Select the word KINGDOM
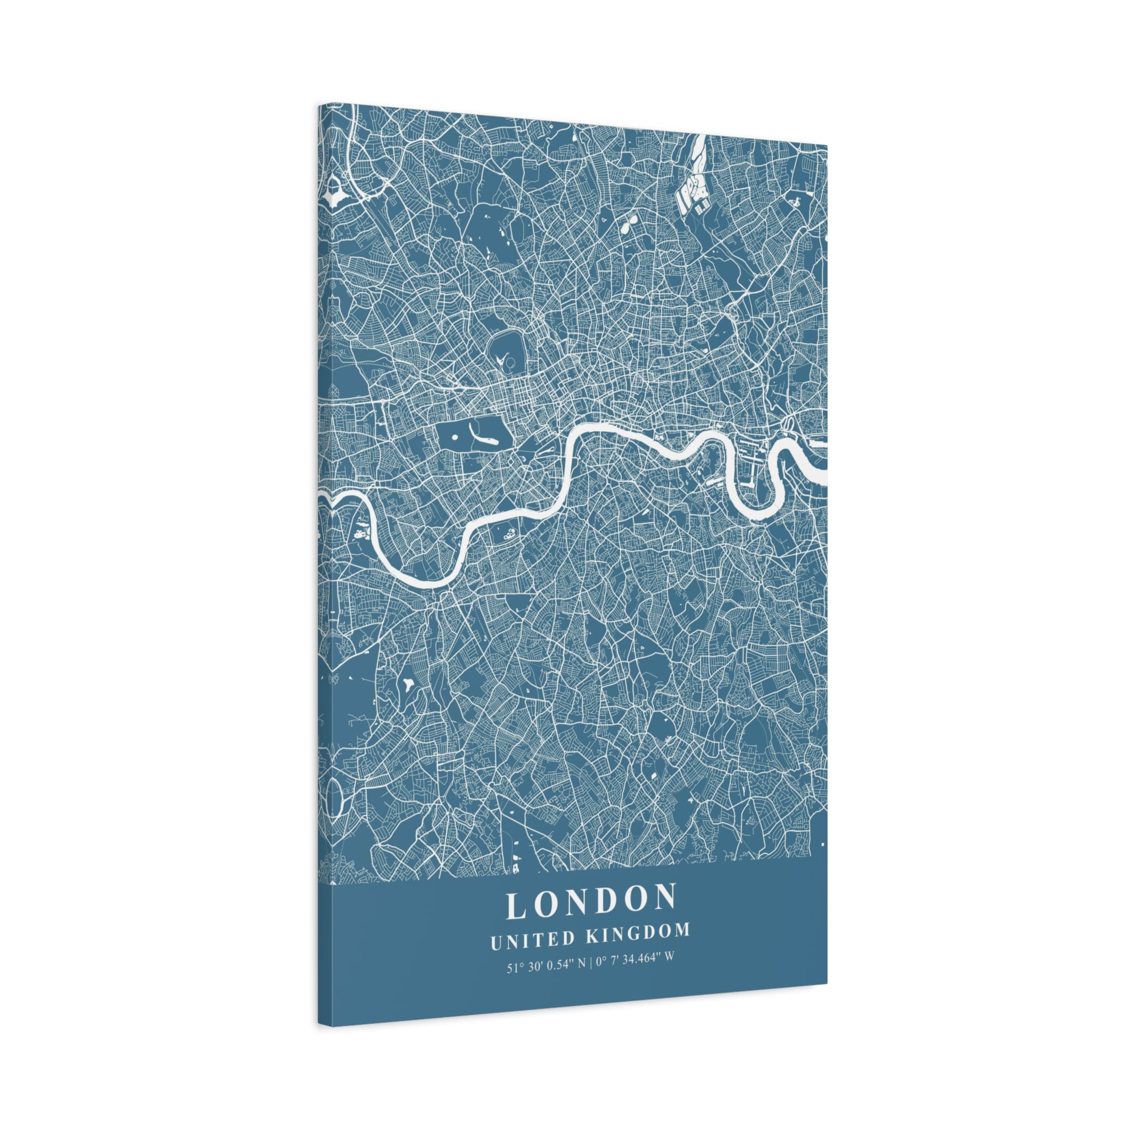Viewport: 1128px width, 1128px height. tap(638, 933)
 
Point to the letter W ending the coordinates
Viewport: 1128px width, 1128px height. tap(669, 959)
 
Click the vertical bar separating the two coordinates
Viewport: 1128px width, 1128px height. tap(591, 963)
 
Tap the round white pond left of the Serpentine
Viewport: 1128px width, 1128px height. tap(454, 436)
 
